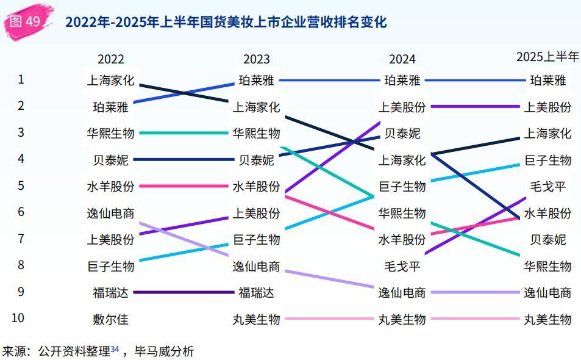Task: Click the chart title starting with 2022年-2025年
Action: [226, 23]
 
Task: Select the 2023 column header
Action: [256, 59]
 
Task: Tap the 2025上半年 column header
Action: [547, 57]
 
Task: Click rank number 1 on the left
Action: [21, 79]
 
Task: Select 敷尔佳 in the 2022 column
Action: [110, 319]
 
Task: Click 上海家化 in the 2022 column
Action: [110, 80]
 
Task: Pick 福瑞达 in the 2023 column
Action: [256, 292]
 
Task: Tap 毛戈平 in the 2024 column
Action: [402, 266]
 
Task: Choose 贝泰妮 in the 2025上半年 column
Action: [547, 239]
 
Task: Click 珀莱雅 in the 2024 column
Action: [402, 80]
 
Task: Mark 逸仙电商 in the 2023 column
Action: [256, 266]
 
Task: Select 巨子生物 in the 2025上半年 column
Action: [547, 160]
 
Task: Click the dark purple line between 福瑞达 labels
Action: [183, 292]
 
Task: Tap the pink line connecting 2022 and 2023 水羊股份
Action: [183, 186]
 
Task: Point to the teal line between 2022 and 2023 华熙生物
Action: [183, 133]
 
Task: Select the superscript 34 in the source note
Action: [115, 349]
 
